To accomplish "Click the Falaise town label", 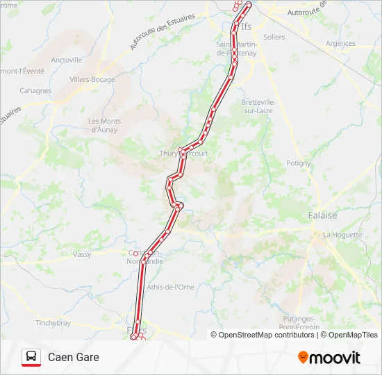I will point(322,215).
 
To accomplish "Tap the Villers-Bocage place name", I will point(92,79).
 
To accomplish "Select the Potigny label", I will point(299,163).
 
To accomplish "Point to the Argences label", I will point(340,43).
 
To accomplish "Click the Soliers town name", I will point(274,37).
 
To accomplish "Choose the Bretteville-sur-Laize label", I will point(258,106).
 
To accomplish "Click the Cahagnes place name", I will point(35,90).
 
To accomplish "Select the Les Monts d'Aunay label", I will point(104,125).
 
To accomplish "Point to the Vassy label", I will point(82,254).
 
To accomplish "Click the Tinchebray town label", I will point(53,323).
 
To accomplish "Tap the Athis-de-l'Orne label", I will point(170,286).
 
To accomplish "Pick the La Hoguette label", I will point(342,235).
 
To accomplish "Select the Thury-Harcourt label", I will point(184,153).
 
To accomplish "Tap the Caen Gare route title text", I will point(74,357).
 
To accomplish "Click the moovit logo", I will point(329,358).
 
